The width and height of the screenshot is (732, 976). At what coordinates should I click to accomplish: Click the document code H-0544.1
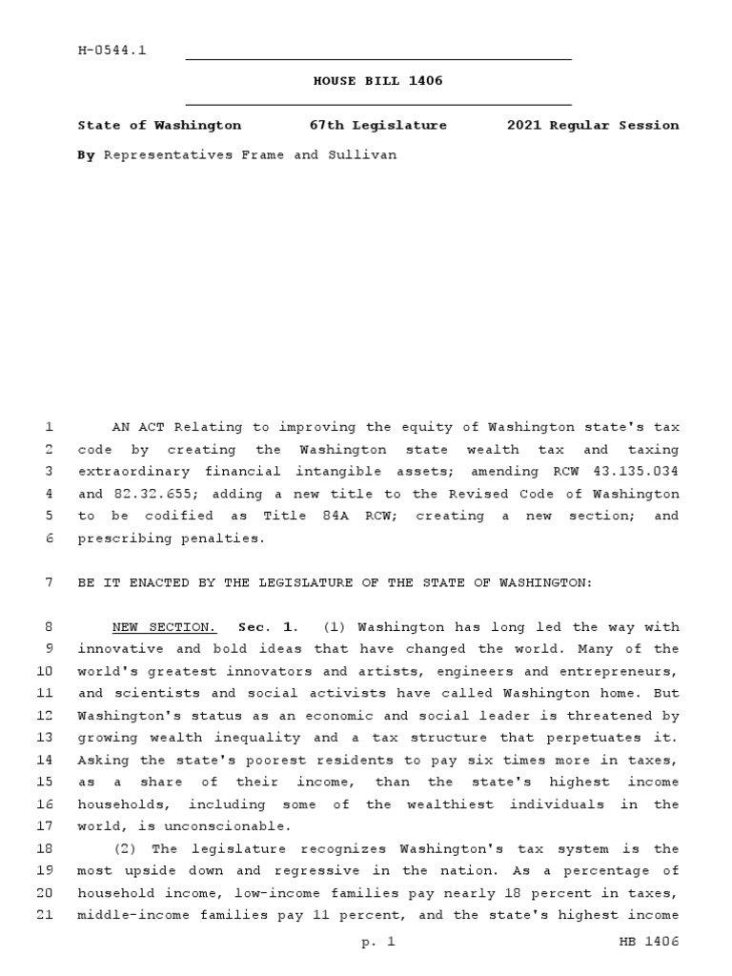coord(112,51)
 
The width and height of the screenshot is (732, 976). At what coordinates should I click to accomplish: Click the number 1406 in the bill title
coord(426,81)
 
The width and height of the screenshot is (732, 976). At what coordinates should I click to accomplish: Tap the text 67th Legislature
coord(377,125)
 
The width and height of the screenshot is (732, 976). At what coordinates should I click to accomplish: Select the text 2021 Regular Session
coord(593,125)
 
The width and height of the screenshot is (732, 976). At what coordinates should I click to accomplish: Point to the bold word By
coord(86,153)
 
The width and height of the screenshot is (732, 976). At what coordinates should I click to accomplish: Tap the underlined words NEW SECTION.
coord(164,627)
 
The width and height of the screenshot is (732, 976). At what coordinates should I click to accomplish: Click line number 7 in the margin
coord(49,582)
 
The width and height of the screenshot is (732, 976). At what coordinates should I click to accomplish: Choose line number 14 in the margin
coord(45,760)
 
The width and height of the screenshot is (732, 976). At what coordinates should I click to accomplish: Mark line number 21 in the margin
coord(45,915)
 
